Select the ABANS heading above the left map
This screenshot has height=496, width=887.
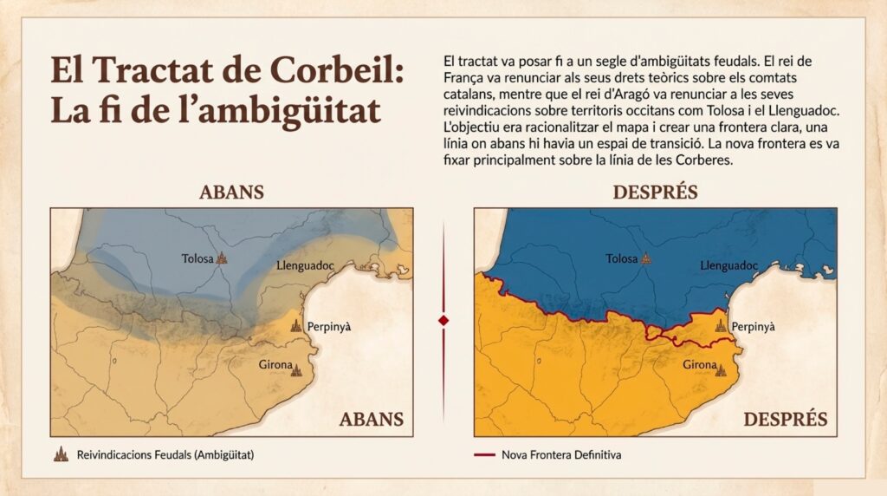tap(231, 193)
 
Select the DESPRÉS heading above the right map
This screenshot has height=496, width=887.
tap(655, 193)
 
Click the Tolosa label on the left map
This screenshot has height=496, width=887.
tap(197, 258)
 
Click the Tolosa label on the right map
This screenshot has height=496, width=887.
tap(621, 258)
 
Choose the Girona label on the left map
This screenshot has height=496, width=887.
tap(274, 365)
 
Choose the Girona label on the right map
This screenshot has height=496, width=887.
tap(699, 365)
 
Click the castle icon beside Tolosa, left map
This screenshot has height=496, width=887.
tap(221, 258)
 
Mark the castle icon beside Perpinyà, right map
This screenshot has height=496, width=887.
tap(721, 325)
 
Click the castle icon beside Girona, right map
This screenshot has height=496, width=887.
tap(721, 369)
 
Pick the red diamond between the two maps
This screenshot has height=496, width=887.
tap(443, 320)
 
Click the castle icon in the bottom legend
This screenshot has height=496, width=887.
tap(61, 454)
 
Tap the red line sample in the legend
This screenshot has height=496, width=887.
tap(485, 454)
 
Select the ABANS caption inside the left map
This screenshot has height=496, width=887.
tap(371, 420)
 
